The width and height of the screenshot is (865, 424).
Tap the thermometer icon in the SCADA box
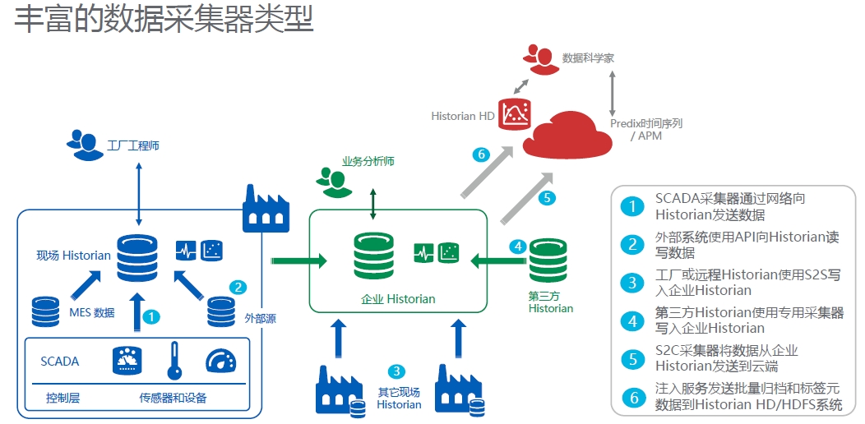(x=173, y=360)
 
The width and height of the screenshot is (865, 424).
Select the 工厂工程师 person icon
(x=82, y=144)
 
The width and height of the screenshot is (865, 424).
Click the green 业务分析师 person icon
(x=331, y=182)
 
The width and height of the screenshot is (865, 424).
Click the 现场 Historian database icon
(x=137, y=257)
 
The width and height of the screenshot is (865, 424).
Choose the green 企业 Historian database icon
(x=374, y=256)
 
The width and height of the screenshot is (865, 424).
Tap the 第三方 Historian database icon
(x=548, y=262)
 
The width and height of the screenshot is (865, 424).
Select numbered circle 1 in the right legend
(x=631, y=207)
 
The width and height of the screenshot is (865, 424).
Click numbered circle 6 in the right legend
(x=631, y=397)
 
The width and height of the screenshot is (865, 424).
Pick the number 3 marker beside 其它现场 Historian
(x=397, y=371)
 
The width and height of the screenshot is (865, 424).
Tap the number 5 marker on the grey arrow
(x=546, y=197)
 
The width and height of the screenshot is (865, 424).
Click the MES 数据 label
(x=91, y=312)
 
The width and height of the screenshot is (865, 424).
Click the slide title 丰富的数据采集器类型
(x=164, y=20)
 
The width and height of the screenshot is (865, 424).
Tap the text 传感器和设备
(x=173, y=399)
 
